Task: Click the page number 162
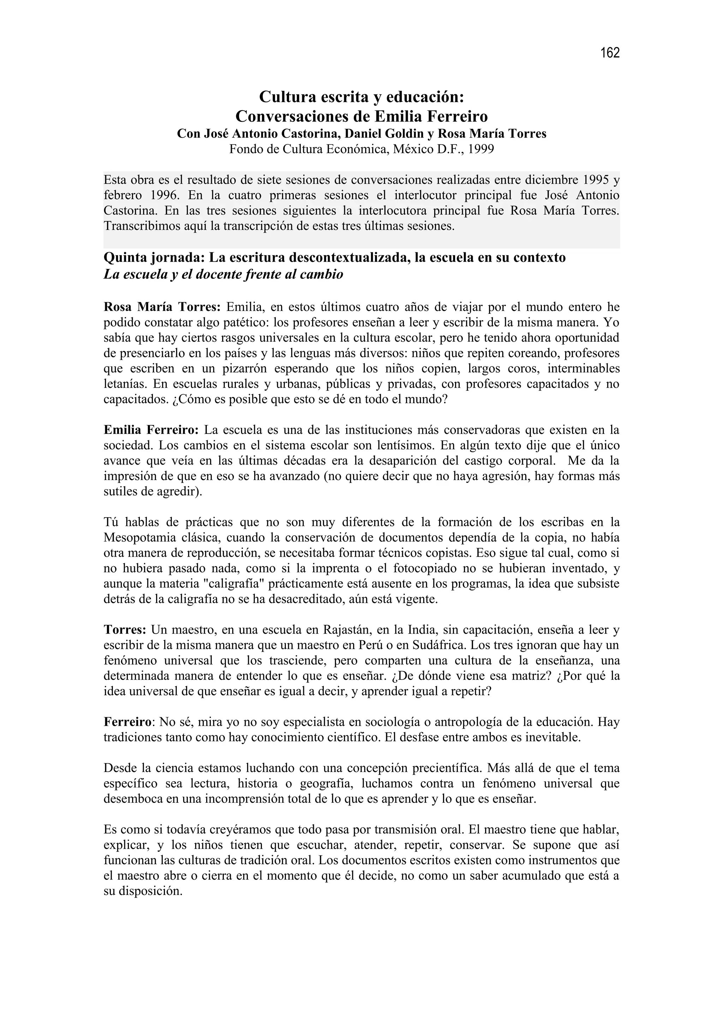tap(610, 53)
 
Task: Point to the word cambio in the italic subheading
tap(322, 275)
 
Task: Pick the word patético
tap(246, 323)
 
